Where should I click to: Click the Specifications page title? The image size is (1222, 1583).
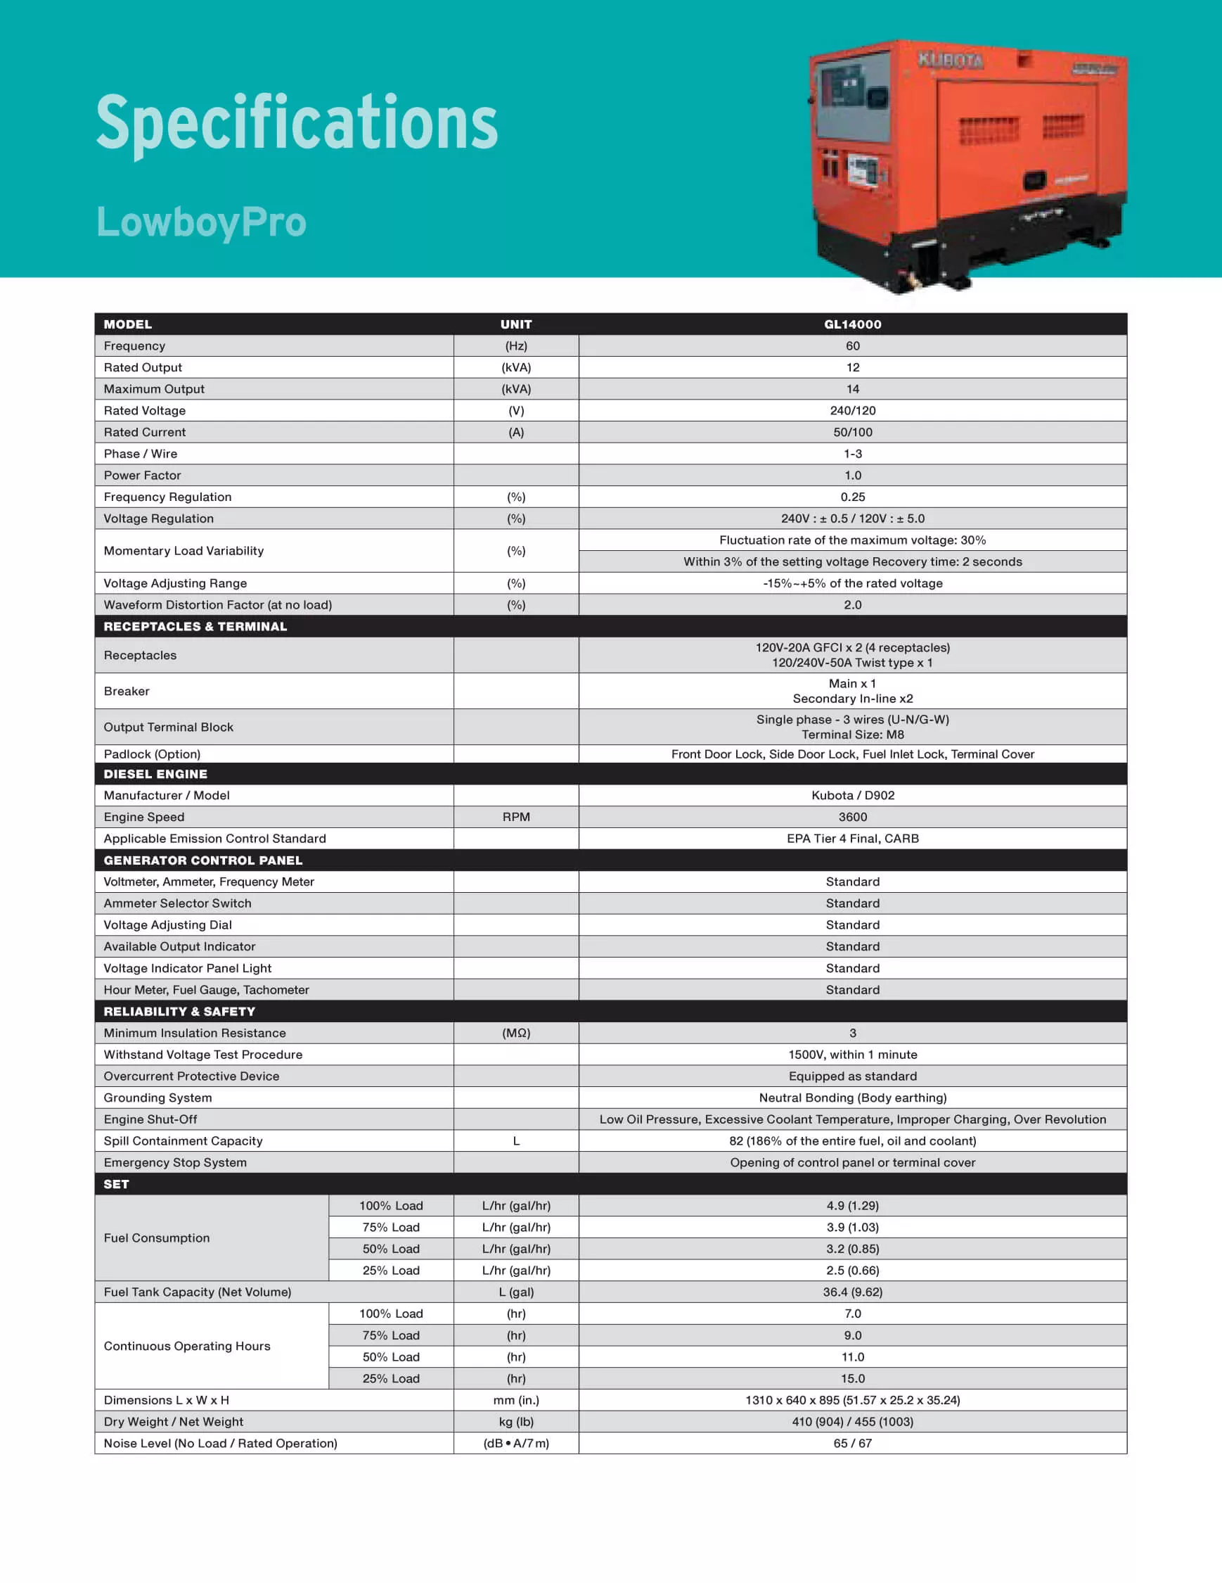296,123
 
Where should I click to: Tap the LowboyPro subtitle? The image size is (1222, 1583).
201,222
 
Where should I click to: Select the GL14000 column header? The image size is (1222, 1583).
853,324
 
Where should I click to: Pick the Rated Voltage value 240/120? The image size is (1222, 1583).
853,410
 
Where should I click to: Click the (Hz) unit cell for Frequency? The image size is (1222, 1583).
516,345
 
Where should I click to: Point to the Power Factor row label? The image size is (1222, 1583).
142,476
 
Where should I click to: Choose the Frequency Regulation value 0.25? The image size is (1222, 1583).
853,497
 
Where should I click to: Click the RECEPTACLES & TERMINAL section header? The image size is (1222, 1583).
195,626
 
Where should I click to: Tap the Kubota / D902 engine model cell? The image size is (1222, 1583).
853,795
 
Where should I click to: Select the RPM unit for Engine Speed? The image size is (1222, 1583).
516,817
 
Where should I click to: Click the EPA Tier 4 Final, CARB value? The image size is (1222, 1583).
853,839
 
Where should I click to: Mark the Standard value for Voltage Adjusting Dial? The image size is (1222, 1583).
853,925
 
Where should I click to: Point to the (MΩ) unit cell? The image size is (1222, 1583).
516,1033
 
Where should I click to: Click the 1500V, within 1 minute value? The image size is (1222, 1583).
853,1055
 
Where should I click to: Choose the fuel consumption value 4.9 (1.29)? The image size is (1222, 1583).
853,1205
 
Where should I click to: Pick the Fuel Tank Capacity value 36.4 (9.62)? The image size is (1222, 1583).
853,1292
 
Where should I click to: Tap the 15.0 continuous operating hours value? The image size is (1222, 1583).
853,1378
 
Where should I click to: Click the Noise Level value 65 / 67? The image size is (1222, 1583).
853,1443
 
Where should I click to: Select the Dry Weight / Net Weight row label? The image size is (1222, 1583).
173,1421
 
